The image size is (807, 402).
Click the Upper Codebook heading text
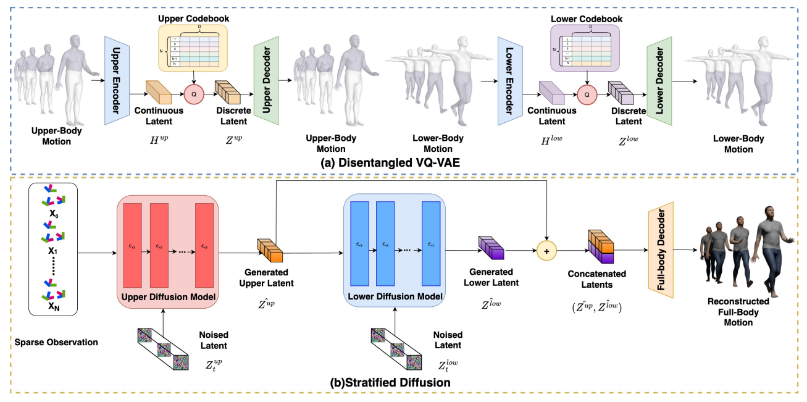[193, 19]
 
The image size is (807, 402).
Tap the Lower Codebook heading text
[586, 19]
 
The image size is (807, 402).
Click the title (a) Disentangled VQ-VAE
[402, 164]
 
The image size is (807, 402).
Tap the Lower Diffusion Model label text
[395, 296]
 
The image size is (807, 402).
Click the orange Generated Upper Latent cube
[270, 250]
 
